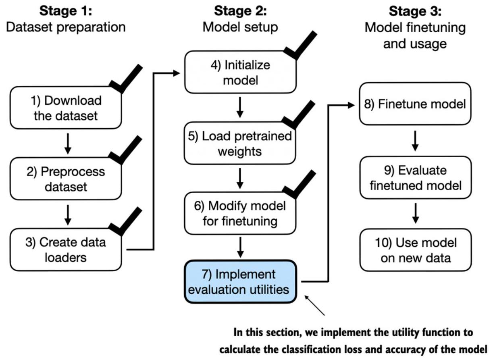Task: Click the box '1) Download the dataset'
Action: click(x=66, y=108)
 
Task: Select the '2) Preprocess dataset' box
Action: click(x=66, y=179)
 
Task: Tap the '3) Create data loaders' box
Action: click(x=66, y=250)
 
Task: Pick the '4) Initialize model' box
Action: click(x=240, y=72)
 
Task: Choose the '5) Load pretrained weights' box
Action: click(x=240, y=143)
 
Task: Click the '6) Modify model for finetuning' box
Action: click(x=240, y=213)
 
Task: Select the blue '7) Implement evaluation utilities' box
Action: click(x=241, y=282)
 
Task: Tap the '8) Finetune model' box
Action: click(x=415, y=104)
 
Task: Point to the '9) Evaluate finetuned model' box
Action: click(x=416, y=177)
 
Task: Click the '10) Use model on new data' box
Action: click(x=416, y=250)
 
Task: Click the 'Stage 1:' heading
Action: click(x=66, y=11)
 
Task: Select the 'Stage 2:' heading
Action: click(x=240, y=11)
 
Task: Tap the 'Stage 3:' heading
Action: click(x=415, y=11)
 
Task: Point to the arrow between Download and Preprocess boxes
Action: click(x=68, y=144)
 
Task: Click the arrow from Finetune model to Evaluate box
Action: click(x=415, y=141)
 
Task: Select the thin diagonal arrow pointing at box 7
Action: click(x=314, y=306)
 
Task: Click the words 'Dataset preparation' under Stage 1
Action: click(x=66, y=27)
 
